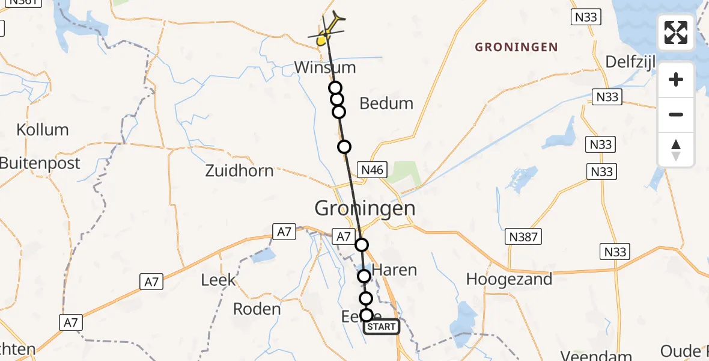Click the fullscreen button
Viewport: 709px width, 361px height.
676,32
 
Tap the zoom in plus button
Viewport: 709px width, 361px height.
676,79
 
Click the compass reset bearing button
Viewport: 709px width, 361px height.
676,150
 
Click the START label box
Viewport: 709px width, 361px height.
382,327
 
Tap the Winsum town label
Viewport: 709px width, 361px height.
324,67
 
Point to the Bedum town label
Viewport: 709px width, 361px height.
386,103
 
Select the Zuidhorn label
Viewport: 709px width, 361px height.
239,171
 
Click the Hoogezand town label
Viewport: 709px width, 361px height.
509,279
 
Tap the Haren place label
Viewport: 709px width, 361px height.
395,270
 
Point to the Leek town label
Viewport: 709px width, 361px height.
219,280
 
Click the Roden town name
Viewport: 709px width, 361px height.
257,309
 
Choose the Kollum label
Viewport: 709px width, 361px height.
43,130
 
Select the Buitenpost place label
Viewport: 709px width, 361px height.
40,162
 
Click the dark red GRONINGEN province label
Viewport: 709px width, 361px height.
517,47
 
